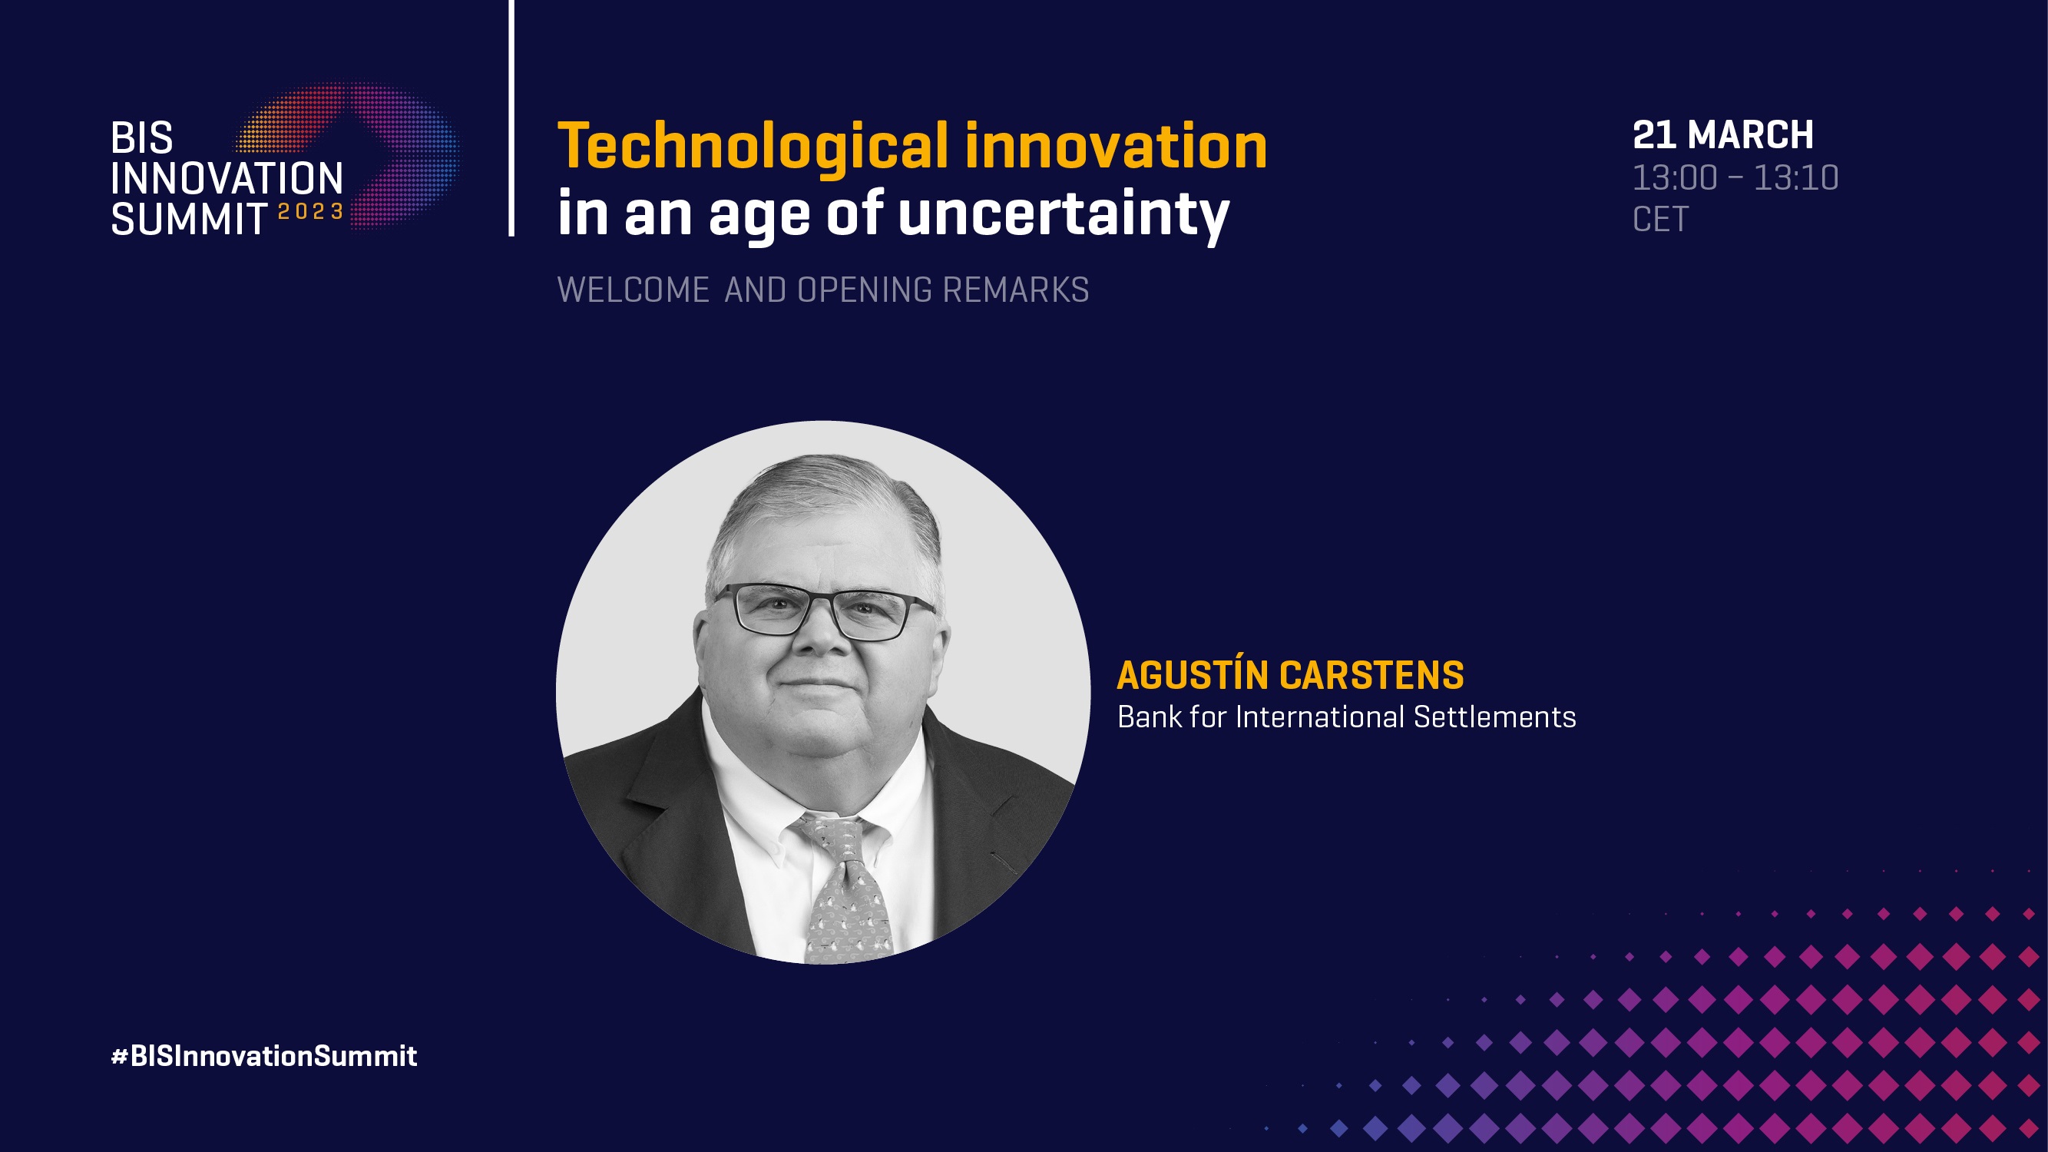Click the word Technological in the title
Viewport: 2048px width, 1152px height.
pos(753,148)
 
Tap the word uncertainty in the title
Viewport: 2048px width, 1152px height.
pos(1064,215)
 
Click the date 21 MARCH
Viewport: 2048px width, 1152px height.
pos(1723,134)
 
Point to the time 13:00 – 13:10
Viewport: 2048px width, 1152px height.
pos(1735,177)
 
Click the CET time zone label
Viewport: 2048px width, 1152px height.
pos(1660,220)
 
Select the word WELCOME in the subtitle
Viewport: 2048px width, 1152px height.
pos(633,290)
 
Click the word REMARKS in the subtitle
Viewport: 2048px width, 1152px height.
pos(1015,290)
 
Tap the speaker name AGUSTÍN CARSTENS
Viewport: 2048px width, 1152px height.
pos(1289,675)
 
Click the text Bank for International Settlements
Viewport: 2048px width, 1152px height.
pos(1346,717)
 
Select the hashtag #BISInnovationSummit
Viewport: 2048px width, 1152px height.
pos(264,1056)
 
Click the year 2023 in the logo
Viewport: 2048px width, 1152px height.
pos(310,211)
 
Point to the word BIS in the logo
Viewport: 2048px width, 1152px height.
pos(141,138)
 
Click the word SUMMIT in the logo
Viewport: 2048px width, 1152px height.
pos(189,219)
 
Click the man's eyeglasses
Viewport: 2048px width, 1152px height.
pos(824,611)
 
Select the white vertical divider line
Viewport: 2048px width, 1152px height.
pos(511,118)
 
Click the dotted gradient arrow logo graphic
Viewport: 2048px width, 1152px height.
pos(350,156)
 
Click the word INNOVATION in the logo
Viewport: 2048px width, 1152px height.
pos(227,178)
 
